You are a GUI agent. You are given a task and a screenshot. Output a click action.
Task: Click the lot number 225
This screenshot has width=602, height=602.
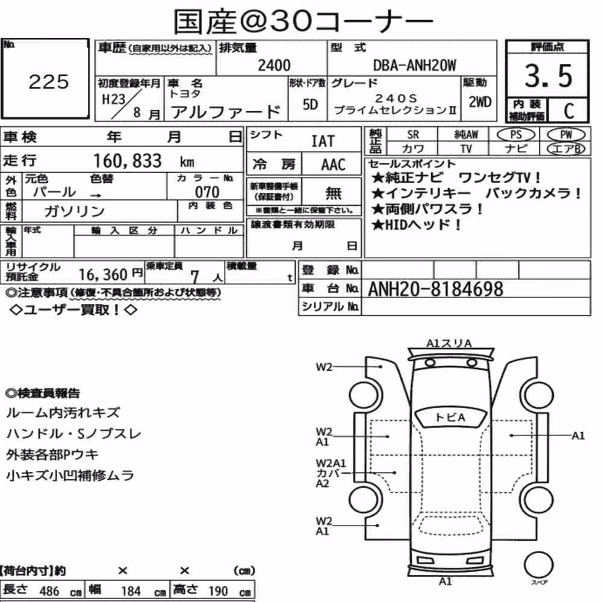pyautogui.click(x=49, y=82)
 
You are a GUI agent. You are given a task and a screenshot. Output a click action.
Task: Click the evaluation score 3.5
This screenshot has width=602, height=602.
pyautogui.click(x=548, y=75)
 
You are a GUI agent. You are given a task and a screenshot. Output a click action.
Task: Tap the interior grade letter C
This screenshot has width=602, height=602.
pyautogui.click(x=569, y=111)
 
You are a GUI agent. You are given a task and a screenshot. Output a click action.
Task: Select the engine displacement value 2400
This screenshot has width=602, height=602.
pyautogui.click(x=274, y=65)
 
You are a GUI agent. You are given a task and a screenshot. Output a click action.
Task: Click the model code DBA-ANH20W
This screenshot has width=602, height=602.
pyautogui.click(x=415, y=66)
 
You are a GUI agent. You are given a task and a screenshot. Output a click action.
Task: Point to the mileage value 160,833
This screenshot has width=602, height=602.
pyautogui.click(x=128, y=161)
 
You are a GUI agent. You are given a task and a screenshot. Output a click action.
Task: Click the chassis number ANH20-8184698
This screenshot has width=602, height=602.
pyautogui.click(x=435, y=289)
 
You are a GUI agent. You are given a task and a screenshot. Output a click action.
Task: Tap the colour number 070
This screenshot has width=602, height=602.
pyautogui.click(x=207, y=192)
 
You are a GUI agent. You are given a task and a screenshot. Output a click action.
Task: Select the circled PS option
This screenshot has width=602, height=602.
pyautogui.click(x=516, y=134)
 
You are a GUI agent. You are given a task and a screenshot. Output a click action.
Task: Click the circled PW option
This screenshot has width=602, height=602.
pyautogui.click(x=566, y=134)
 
